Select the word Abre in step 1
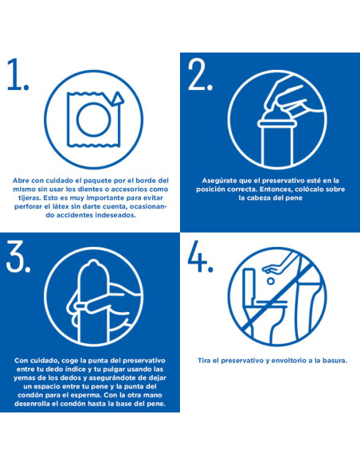[x=22, y=180]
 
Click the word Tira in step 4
[x=205, y=361]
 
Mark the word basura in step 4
[x=333, y=361]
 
